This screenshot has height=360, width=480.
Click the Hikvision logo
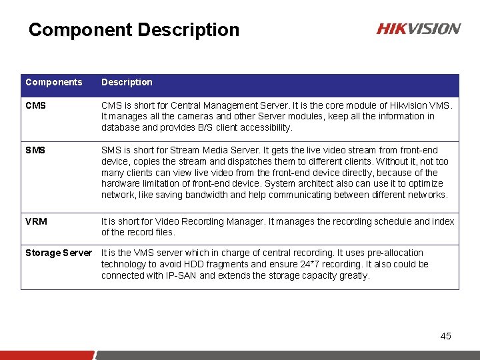(x=418, y=29)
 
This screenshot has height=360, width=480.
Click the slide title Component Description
(x=134, y=30)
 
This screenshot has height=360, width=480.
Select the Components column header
(x=54, y=82)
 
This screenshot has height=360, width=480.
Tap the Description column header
(x=127, y=82)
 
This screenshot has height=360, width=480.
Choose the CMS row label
(x=35, y=105)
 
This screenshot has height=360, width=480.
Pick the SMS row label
(x=35, y=150)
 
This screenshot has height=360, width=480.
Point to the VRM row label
(x=36, y=221)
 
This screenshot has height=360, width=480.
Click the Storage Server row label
(x=59, y=253)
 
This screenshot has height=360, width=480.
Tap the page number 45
(x=446, y=336)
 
